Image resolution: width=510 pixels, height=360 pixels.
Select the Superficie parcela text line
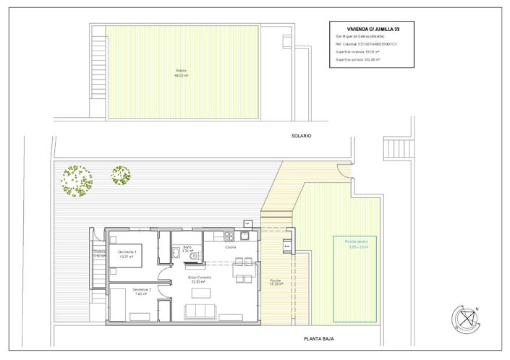[x=358, y=60]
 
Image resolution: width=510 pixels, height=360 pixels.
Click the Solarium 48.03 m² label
[x=181, y=73]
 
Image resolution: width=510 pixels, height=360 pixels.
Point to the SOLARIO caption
[x=301, y=134]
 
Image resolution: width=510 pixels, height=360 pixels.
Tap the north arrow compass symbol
[x=464, y=317]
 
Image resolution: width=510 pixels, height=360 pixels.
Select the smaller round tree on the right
[x=121, y=176]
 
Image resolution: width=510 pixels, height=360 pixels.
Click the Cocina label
[x=230, y=247]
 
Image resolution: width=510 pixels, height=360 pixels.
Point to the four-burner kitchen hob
[x=229, y=236]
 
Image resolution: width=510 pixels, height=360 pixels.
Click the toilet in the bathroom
[x=177, y=251]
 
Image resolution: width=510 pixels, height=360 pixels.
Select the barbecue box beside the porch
[x=287, y=246]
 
